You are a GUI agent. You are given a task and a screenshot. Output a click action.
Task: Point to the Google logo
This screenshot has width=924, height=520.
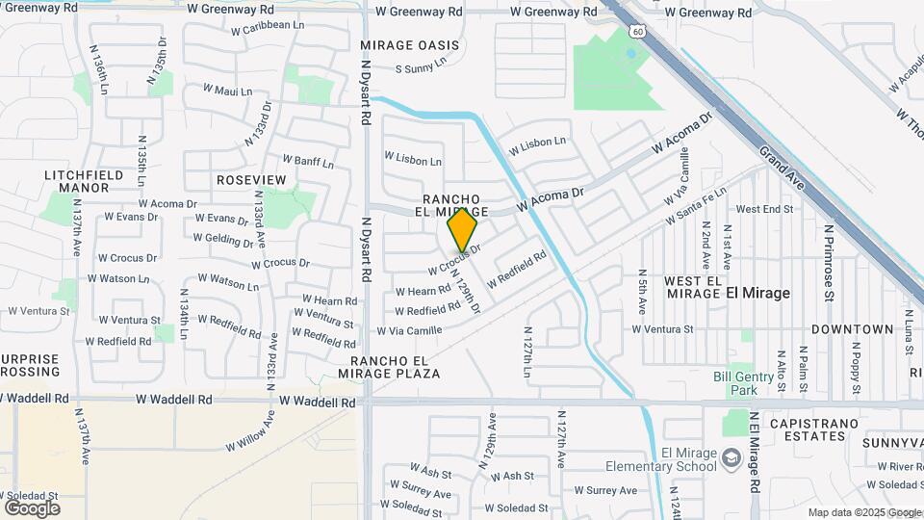32,507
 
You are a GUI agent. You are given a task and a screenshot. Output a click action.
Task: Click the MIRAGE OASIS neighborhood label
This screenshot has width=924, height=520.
403,45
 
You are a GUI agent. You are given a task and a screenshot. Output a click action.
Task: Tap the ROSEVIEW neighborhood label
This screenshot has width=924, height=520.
252,180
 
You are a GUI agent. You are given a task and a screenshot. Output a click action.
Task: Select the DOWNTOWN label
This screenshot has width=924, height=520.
852,329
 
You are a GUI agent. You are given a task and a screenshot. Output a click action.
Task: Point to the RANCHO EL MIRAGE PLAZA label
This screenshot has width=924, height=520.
389,366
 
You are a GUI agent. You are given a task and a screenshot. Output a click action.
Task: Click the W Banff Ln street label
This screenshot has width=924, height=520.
308,161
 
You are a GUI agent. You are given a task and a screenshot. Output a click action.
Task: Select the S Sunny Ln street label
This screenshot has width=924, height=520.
422,68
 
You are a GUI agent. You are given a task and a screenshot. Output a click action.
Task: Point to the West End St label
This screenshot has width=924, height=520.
764,209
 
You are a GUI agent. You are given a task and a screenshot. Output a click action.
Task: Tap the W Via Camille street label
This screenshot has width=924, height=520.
409,330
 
